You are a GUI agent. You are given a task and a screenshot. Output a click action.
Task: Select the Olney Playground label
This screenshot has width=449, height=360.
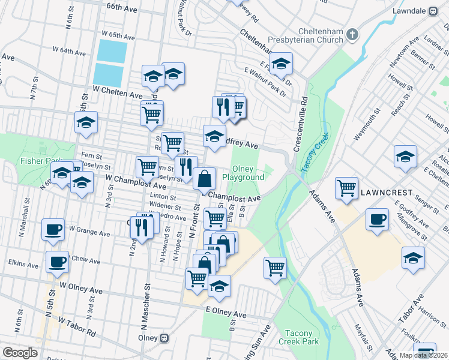243,173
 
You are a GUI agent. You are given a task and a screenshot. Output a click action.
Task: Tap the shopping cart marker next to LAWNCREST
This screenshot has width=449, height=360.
347,188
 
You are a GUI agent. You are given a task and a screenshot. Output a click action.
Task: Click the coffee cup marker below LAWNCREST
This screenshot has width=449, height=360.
377,219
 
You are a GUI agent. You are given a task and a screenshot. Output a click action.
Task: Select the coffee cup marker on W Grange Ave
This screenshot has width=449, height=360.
53,229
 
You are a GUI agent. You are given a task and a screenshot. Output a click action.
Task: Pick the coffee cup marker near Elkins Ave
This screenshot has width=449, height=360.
58,262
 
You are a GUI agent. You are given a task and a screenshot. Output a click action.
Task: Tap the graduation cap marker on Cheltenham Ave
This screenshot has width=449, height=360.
280,64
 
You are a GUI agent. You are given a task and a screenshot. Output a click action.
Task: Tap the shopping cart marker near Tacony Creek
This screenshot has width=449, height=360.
275,268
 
